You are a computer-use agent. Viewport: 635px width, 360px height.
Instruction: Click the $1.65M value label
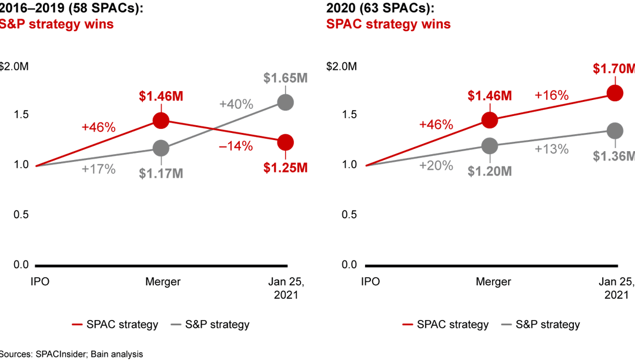[285, 78]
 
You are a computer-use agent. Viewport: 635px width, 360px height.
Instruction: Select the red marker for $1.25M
[285, 142]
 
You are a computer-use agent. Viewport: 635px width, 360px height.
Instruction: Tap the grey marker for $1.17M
[161, 148]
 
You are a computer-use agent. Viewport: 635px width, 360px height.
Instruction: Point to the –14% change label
[236, 146]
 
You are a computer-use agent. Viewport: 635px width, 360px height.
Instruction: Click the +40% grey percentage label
[236, 105]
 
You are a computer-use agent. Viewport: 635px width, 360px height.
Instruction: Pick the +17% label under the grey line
[98, 169]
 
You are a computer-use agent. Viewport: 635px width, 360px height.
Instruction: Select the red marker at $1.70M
[615, 93]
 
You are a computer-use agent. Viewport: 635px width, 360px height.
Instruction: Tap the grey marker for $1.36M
[615, 131]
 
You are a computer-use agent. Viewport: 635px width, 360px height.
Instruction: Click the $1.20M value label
[490, 172]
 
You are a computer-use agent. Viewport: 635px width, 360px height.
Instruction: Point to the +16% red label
[551, 95]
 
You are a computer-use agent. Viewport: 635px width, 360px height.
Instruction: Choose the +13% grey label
[552, 149]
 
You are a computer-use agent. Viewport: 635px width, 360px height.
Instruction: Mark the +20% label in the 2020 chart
[436, 166]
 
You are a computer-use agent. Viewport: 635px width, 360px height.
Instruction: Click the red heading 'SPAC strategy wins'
[389, 24]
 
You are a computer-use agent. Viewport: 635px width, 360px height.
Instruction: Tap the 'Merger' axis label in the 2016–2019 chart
[163, 282]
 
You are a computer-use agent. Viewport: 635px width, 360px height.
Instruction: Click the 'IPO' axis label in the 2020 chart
[370, 282]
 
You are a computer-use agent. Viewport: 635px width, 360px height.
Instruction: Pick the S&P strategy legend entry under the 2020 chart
[540, 324]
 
